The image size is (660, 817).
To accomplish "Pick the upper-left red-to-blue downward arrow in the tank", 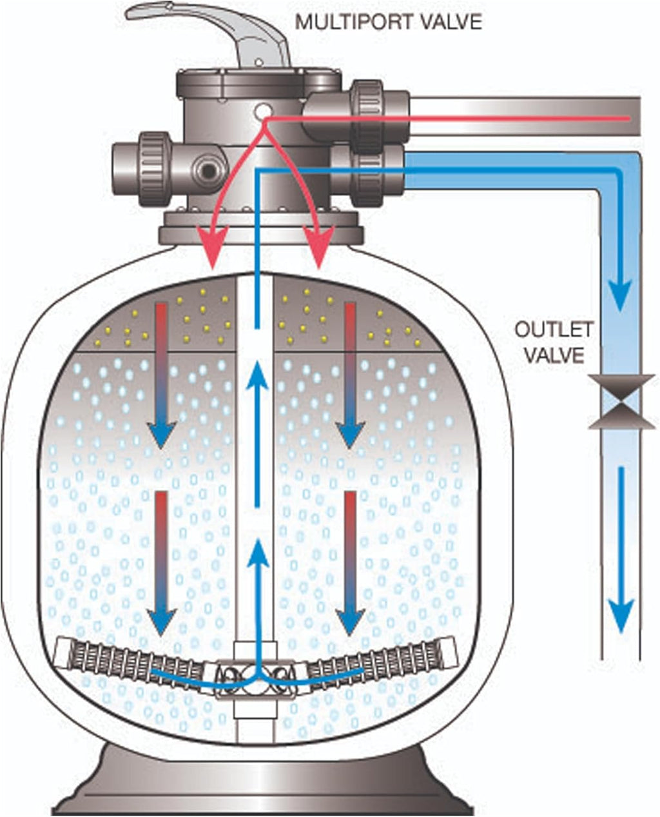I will point(161,374).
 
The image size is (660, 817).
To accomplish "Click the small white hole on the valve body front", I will point(262,111).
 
